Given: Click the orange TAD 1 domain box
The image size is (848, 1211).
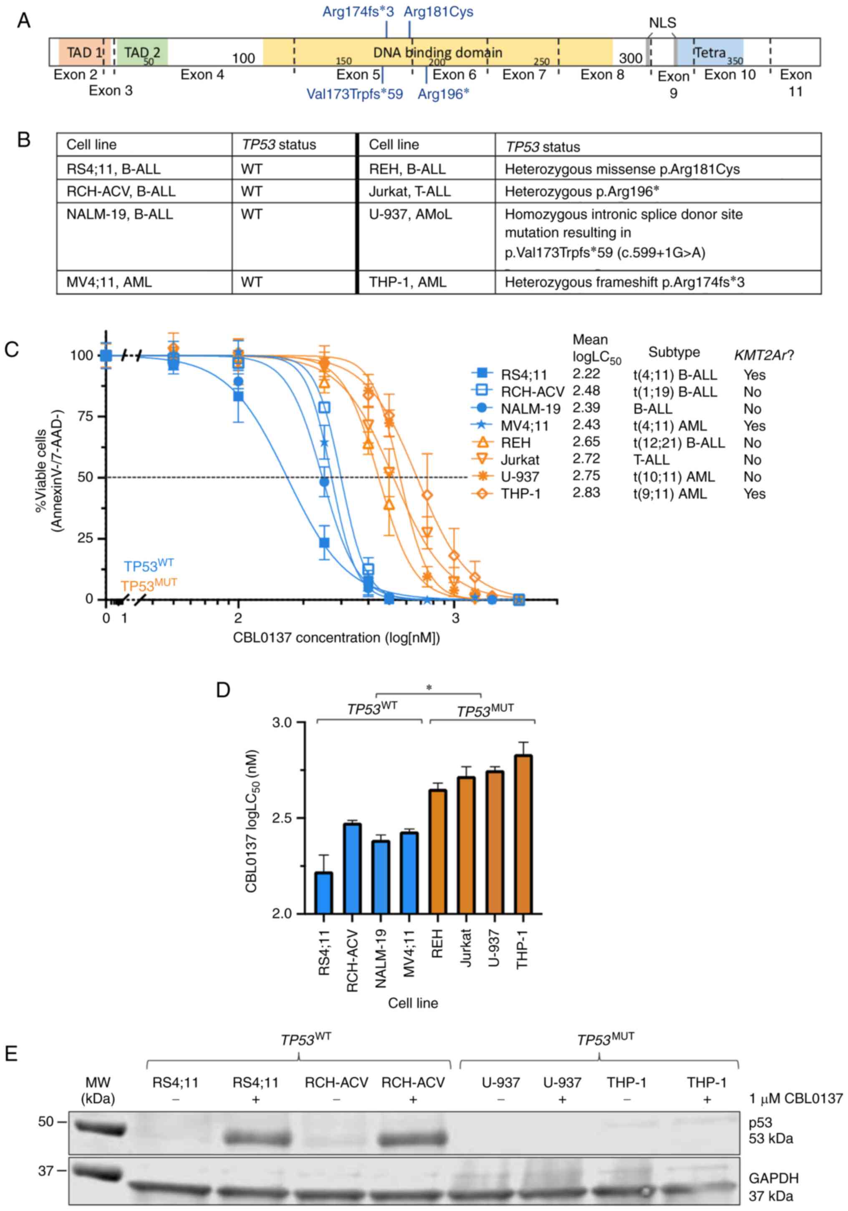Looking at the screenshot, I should (80, 52).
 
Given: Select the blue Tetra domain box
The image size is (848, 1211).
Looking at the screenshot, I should (710, 52).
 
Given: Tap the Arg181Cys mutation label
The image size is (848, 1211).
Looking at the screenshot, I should (438, 12).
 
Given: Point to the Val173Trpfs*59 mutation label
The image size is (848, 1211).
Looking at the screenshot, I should (355, 94).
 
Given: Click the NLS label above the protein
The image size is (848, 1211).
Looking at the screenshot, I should (662, 23).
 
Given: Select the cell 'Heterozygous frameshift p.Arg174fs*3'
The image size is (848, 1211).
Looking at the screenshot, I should (624, 282).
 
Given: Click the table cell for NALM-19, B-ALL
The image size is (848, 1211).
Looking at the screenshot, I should (120, 214).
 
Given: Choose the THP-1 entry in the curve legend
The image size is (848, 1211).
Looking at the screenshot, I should (520, 494).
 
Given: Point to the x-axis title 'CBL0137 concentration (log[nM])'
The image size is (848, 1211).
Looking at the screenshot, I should (336, 638).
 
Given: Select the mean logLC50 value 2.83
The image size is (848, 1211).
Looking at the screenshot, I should (586, 492).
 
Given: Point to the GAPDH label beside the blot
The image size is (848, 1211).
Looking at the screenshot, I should (773, 1178).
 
